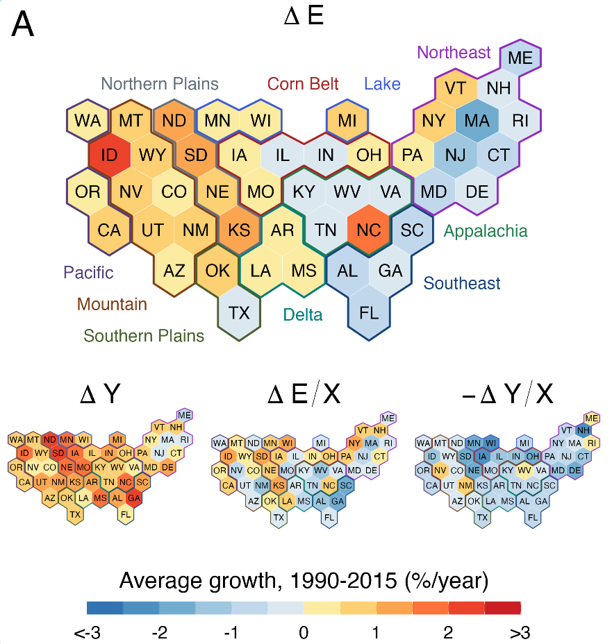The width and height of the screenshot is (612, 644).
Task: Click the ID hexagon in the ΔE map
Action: pos(109,154)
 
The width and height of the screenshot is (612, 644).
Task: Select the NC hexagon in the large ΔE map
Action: pos(369,229)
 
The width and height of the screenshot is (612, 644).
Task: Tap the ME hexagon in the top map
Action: pos(520,58)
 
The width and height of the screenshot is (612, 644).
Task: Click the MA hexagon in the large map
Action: pos(477,120)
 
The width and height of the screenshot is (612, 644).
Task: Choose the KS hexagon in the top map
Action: pos(239,229)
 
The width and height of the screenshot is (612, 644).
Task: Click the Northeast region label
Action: pos(454,52)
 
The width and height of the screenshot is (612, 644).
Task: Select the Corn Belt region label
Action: pos(303,84)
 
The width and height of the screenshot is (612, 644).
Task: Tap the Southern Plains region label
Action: pos(144,337)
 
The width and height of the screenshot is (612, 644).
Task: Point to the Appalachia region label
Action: pos(486,231)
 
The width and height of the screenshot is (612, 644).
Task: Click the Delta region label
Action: pos(303,315)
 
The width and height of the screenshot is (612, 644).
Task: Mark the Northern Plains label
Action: pos(160,84)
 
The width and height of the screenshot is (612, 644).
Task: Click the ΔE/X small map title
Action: pos(304,393)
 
